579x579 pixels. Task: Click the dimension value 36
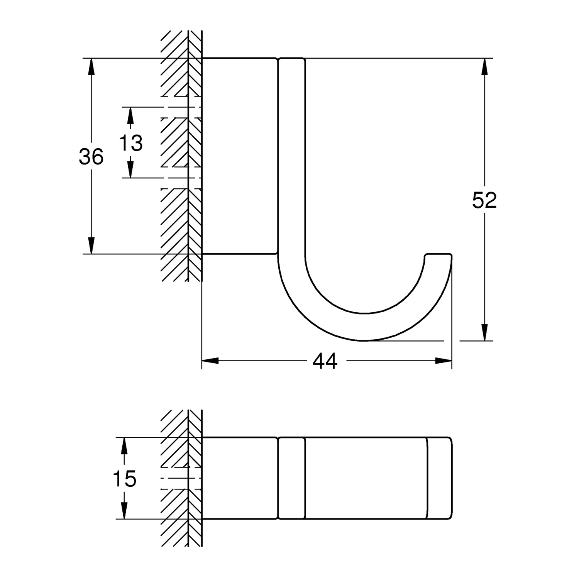(x=91, y=157)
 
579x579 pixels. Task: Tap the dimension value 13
(x=130, y=143)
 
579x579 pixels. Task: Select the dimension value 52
(x=484, y=200)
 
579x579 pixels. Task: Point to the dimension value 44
(x=325, y=361)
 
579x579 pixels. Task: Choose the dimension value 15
(x=125, y=479)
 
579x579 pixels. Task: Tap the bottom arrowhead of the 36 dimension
(x=91, y=245)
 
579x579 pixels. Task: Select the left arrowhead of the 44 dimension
(x=210, y=361)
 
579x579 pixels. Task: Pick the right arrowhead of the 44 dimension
(x=443, y=361)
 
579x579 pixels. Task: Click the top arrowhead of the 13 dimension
(x=130, y=115)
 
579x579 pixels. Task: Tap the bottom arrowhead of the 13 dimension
(x=130, y=169)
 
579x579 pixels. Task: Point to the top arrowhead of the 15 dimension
(x=124, y=446)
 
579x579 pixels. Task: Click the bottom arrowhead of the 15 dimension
(x=124, y=510)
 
